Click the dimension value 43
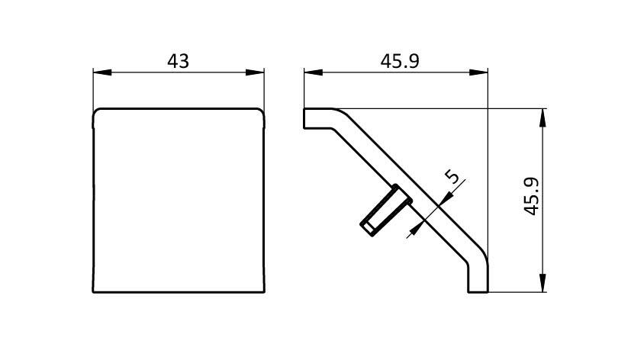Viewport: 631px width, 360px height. click(x=178, y=61)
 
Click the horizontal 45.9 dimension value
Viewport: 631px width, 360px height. click(x=400, y=61)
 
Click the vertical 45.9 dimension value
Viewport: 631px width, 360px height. click(x=532, y=196)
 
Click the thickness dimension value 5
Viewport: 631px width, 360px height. click(x=453, y=176)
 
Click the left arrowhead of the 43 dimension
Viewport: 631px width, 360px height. click(x=102, y=72)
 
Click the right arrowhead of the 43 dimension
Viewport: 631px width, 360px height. click(x=255, y=72)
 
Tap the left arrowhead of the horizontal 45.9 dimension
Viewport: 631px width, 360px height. click(x=314, y=72)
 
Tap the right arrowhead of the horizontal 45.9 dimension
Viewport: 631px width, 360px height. click(x=478, y=72)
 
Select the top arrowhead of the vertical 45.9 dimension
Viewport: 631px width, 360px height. click(x=542, y=118)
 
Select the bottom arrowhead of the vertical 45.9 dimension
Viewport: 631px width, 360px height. click(x=542, y=283)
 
